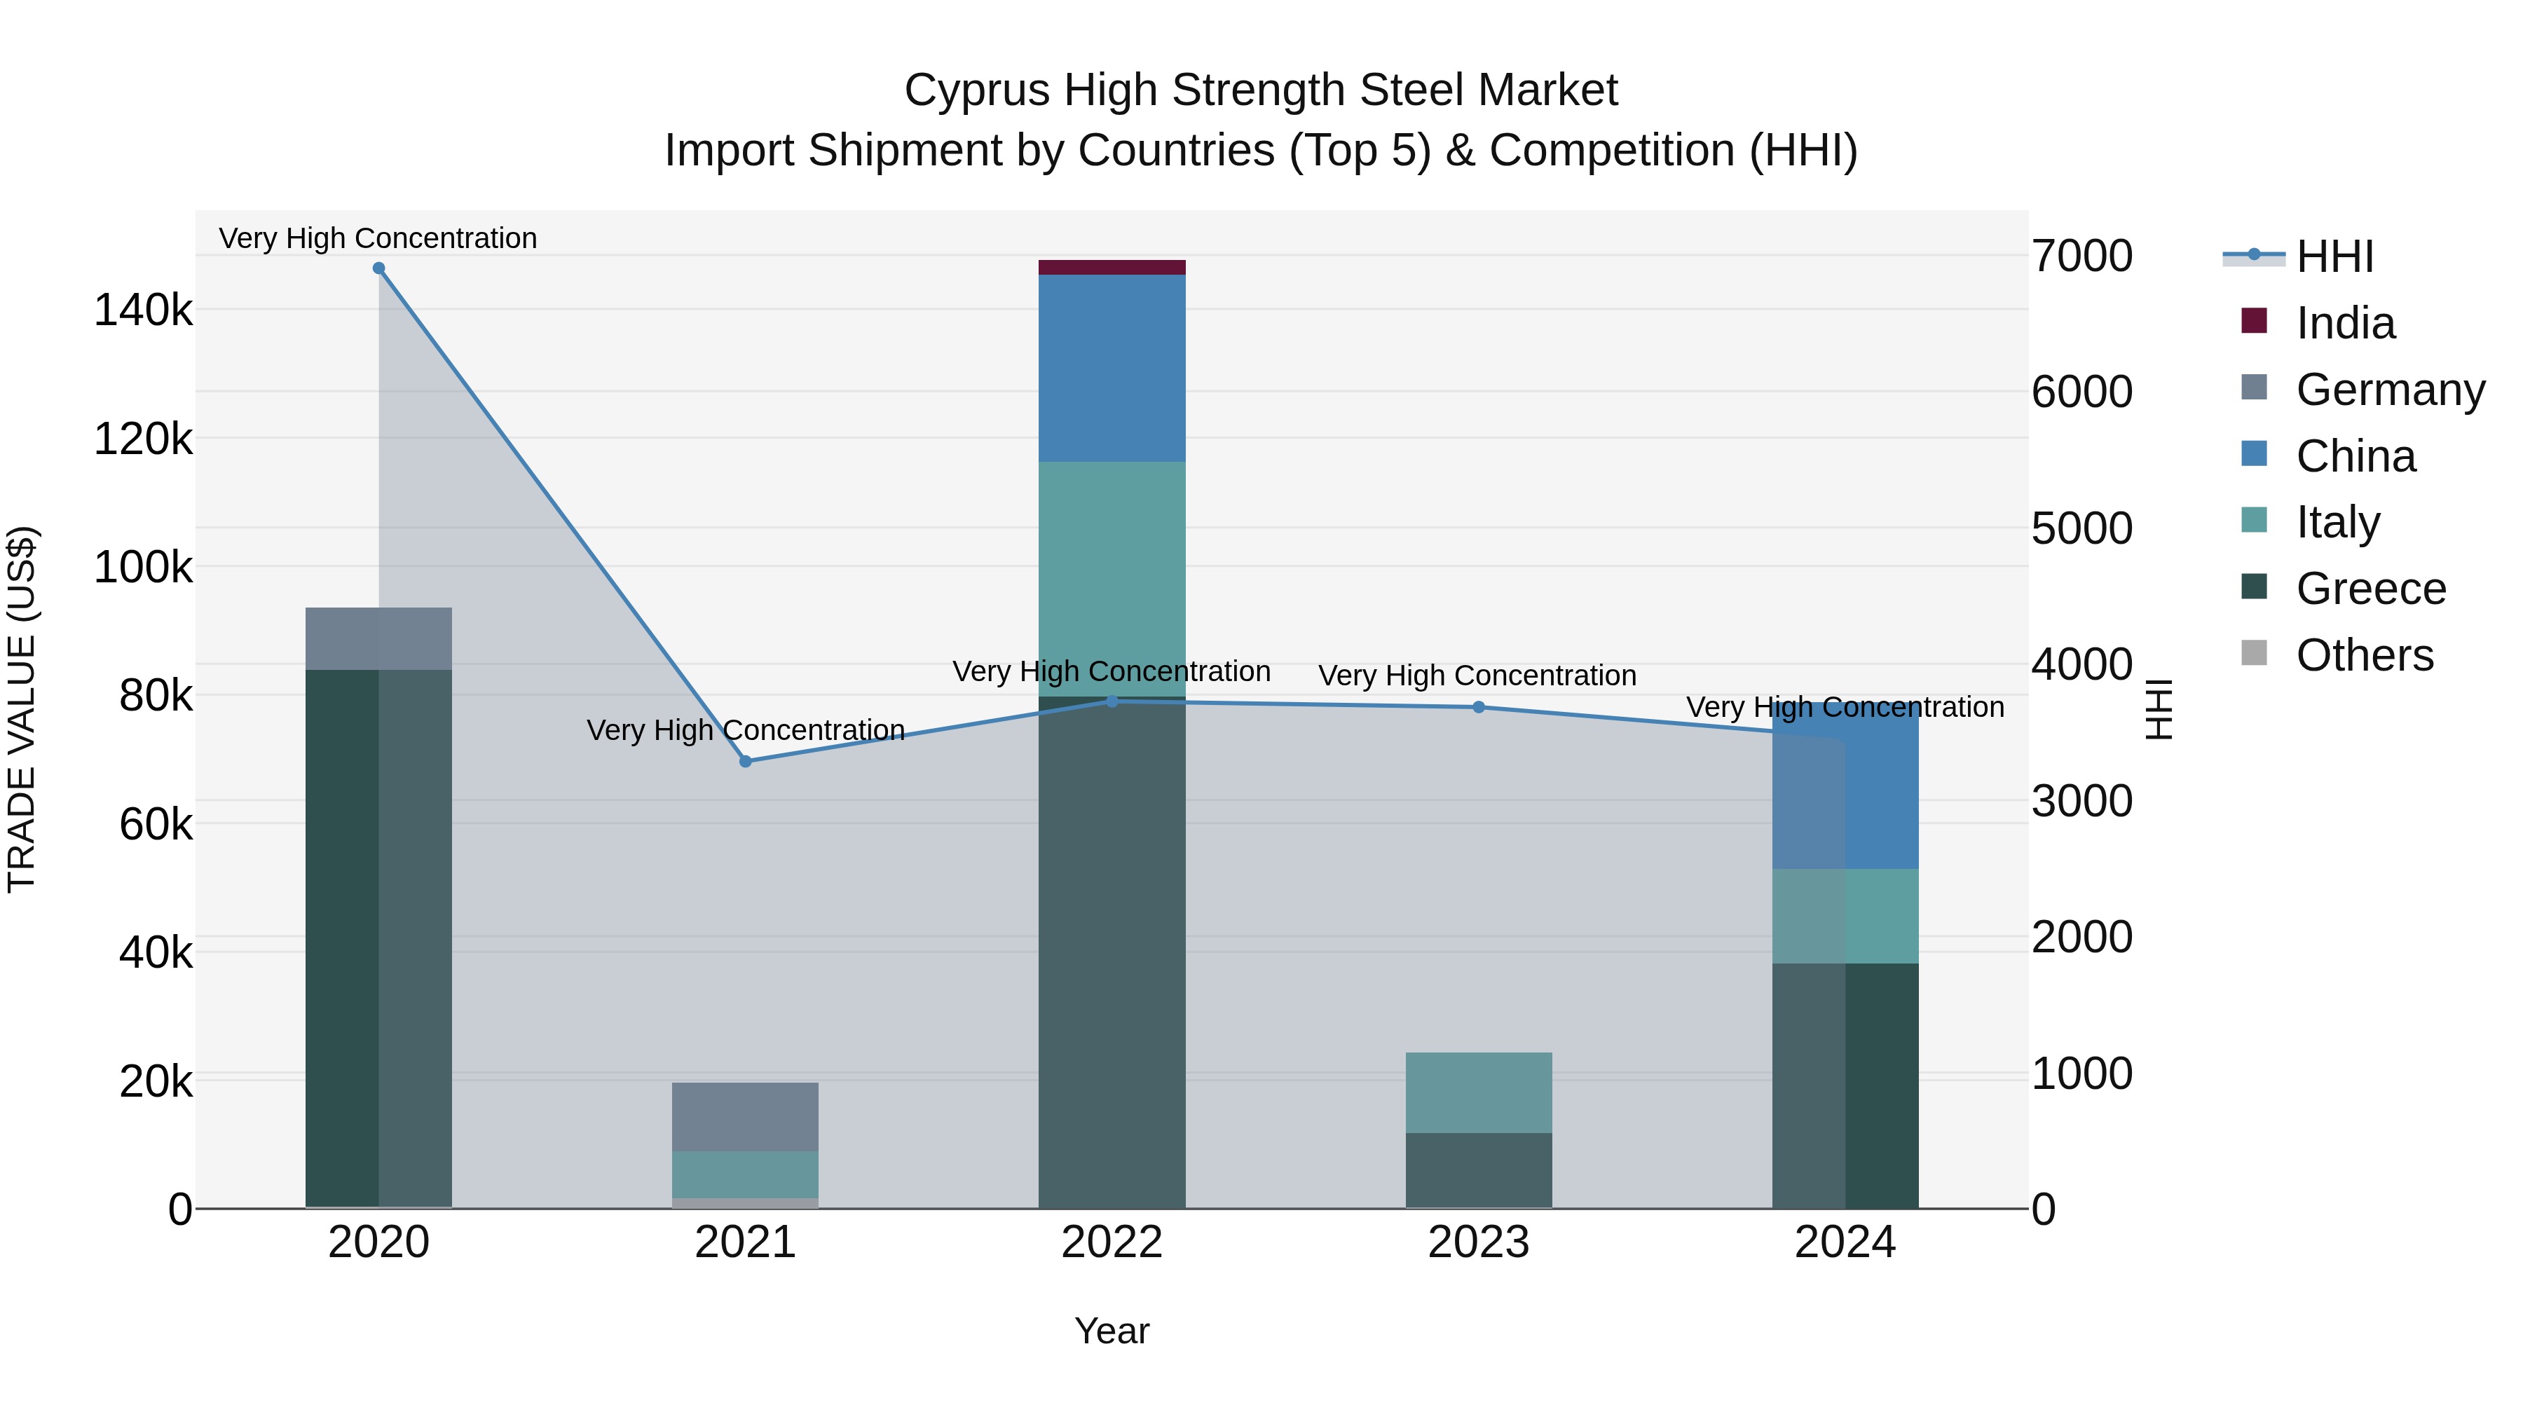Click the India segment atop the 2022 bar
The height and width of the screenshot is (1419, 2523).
1112,268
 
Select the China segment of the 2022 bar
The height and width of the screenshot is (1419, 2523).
1112,367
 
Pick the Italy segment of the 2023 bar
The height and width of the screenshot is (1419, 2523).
1478,1093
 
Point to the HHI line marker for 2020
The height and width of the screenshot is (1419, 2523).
379,268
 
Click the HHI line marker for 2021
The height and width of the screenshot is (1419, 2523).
746,761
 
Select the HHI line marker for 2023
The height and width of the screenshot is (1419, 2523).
1479,707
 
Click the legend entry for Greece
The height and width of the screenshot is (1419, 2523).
2370,589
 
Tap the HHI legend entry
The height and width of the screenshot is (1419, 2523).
2334,256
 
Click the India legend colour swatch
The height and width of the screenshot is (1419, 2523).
2254,321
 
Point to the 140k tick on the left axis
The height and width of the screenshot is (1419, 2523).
143,310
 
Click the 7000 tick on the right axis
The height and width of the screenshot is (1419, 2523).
2081,256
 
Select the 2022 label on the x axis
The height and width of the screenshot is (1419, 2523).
1112,1242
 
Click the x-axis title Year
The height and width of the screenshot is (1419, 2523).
1112,1331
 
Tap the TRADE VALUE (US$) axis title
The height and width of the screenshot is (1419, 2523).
22,709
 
